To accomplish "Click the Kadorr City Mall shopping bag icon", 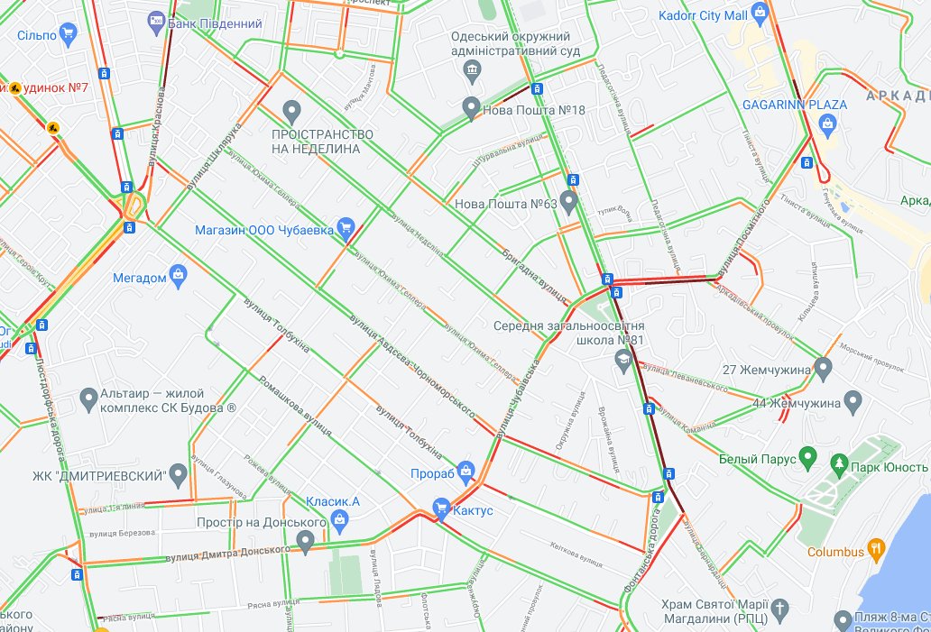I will (x=760, y=14).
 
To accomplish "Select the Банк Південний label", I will (x=215, y=23).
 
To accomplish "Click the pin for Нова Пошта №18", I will (x=471, y=108).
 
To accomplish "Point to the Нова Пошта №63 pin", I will (x=568, y=200).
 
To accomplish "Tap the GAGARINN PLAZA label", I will (x=794, y=105).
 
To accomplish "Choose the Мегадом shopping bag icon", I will (x=178, y=274).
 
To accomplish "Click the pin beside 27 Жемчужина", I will (x=822, y=368).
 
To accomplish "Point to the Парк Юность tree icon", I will (x=840, y=465).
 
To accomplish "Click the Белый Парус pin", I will (x=808, y=459).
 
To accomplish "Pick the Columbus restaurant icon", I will (x=874, y=549).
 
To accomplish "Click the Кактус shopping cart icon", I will (x=441, y=509).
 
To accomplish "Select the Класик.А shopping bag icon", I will (x=339, y=518).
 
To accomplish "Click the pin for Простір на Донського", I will (x=305, y=541).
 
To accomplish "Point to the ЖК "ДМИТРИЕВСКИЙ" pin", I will (x=179, y=473).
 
